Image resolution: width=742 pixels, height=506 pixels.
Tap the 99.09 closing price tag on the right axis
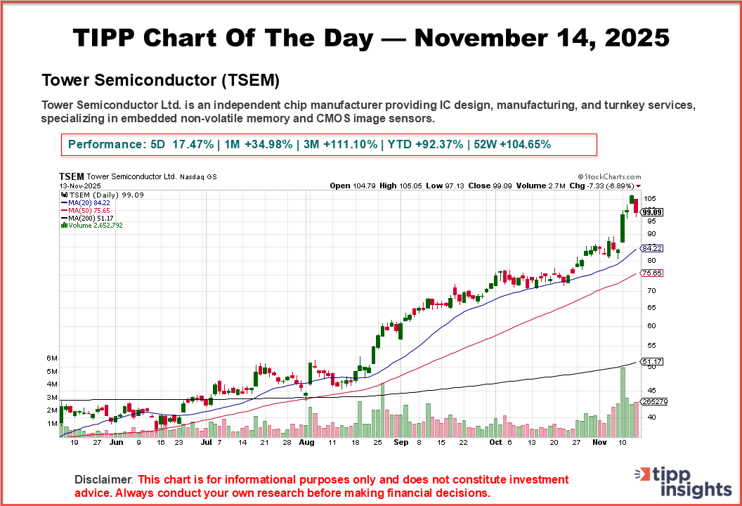(653, 212)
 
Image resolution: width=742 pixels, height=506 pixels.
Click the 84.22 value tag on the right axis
(653, 249)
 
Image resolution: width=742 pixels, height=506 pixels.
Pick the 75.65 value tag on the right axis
(653, 273)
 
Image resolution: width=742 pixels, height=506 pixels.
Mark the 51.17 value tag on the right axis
(653, 362)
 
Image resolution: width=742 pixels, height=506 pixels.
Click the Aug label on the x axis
(306, 443)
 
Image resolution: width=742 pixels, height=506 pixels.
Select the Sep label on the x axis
(401, 443)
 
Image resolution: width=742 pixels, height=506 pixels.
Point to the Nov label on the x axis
(599, 443)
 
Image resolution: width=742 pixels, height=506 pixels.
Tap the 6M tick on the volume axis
(52, 358)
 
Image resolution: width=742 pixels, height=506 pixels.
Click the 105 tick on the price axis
(651, 199)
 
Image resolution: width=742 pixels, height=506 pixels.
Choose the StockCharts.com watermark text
(609, 177)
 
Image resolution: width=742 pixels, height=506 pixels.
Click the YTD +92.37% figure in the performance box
(422, 144)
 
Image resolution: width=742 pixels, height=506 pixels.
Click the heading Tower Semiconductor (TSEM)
(161, 81)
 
